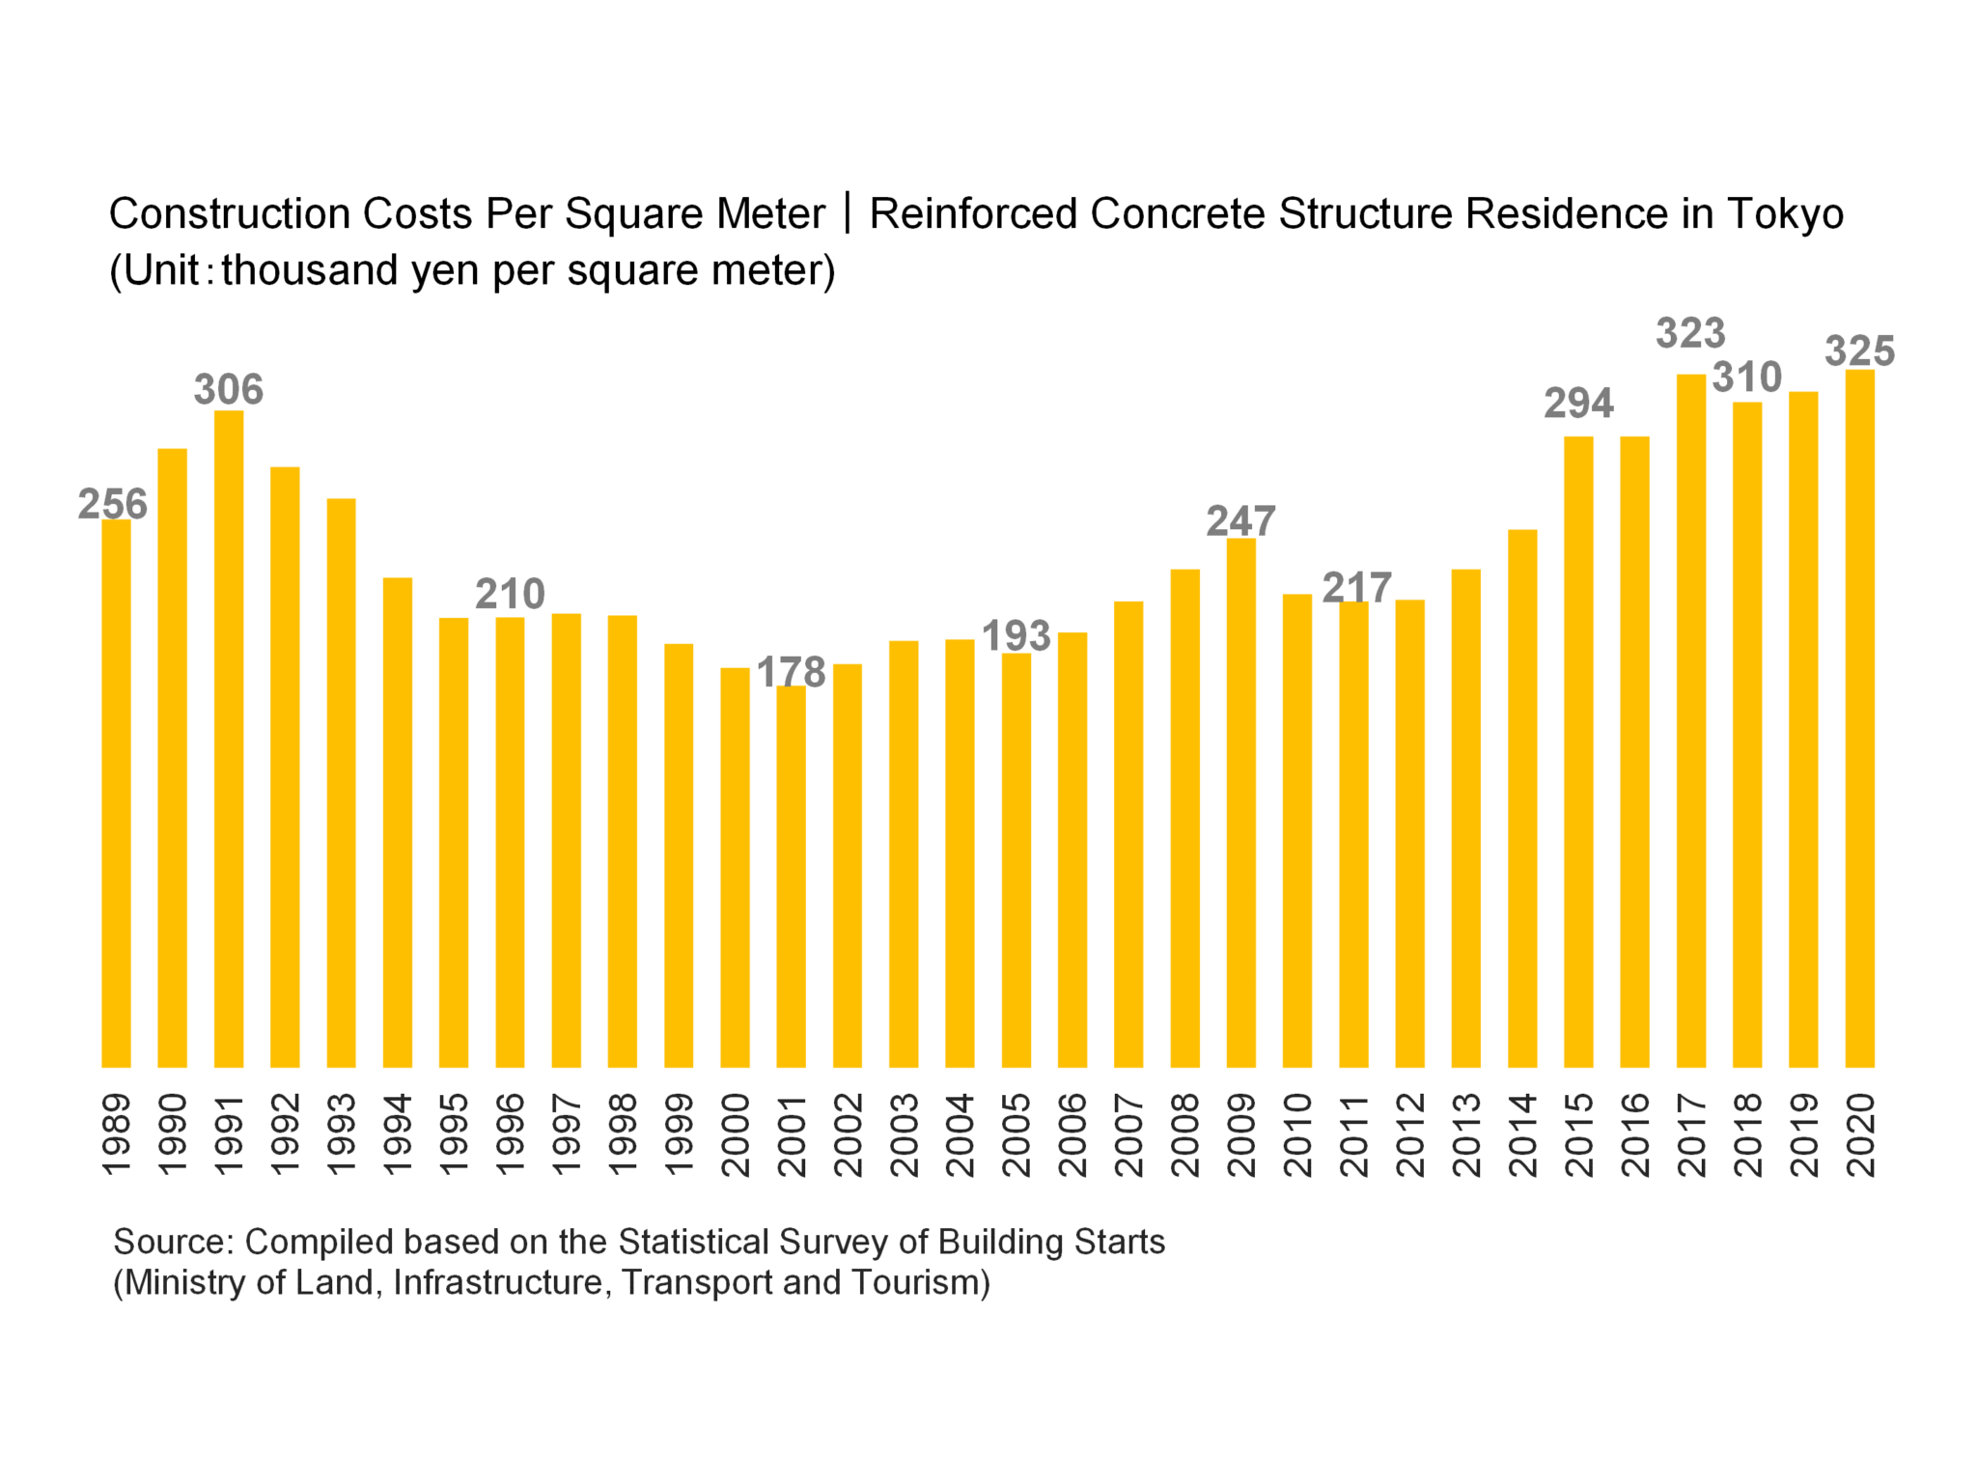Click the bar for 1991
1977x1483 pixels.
click(229, 739)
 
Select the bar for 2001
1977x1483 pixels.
click(791, 876)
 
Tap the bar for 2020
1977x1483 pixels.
click(1859, 718)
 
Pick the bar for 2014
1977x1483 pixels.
click(1521, 797)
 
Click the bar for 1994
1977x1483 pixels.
click(398, 822)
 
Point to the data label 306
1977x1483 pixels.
click(229, 390)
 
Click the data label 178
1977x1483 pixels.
click(791, 672)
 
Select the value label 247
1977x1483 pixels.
click(1240, 521)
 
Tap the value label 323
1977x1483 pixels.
click(1690, 334)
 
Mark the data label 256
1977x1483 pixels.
click(113, 504)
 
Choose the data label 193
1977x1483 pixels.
click(1016, 636)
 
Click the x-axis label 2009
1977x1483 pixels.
click(1241, 1134)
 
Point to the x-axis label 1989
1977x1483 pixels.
click(116, 1134)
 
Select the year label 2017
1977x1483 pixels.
click(1691, 1134)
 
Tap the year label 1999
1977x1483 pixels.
click(679, 1134)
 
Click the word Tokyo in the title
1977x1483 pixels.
click(1785, 214)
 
